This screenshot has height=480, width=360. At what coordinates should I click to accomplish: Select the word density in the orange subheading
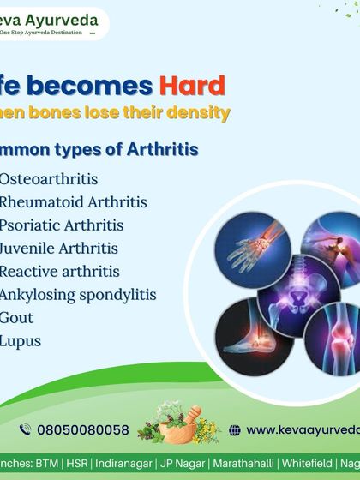201,113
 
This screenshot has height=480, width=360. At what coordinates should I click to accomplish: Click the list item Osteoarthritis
49,180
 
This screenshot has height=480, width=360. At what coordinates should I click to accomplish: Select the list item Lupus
21,341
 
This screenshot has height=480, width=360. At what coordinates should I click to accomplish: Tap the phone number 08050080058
82,430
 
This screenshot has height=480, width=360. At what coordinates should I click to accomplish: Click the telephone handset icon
25,430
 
